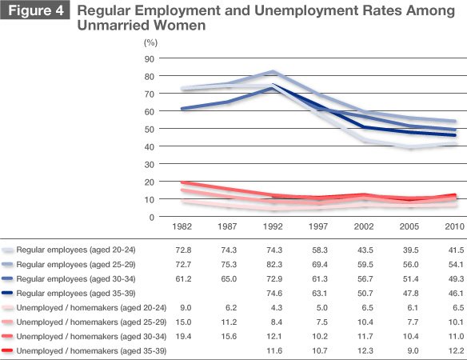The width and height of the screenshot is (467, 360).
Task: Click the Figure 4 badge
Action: [x=35, y=10]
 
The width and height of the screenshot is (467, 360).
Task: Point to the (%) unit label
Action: [x=150, y=42]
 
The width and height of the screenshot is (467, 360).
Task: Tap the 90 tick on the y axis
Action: [x=150, y=59]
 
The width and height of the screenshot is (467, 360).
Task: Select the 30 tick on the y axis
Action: [x=150, y=165]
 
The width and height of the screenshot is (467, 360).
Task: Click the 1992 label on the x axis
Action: [x=273, y=226]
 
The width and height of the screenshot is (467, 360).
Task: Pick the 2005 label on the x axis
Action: [x=409, y=226]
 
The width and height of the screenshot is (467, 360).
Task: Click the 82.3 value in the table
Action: [x=274, y=264]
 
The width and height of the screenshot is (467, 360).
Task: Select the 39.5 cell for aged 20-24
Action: [x=411, y=250]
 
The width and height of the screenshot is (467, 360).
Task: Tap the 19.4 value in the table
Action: [x=183, y=337]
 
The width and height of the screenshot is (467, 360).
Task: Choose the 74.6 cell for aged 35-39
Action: [x=274, y=294]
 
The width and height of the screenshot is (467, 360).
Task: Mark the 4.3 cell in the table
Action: [x=277, y=307]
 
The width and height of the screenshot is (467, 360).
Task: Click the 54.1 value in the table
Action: [x=456, y=264]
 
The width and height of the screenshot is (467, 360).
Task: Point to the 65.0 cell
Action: [x=229, y=279]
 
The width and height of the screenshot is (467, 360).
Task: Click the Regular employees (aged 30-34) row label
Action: [x=76, y=279]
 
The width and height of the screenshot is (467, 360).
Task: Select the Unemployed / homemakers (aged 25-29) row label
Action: [x=91, y=322]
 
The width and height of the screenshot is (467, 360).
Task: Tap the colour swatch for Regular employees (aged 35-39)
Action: [x=7, y=294]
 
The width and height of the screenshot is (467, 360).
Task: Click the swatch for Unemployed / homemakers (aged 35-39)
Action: [x=7, y=350]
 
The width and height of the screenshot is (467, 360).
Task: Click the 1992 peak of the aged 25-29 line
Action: [x=273, y=72]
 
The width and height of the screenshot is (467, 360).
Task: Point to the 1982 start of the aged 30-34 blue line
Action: [x=182, y=109]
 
